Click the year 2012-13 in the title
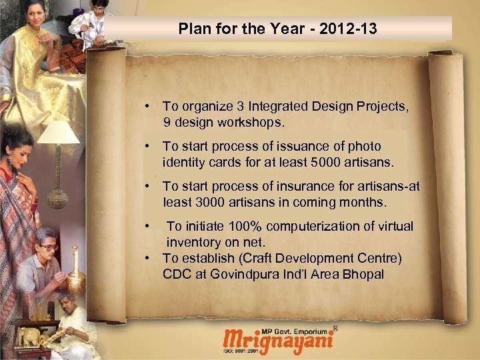point(347,29)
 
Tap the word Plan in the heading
point(193,29)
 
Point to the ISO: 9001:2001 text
point(243,351)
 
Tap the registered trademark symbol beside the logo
point(335,328)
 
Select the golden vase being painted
point(76,273)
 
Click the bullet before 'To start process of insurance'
point(153,187)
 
